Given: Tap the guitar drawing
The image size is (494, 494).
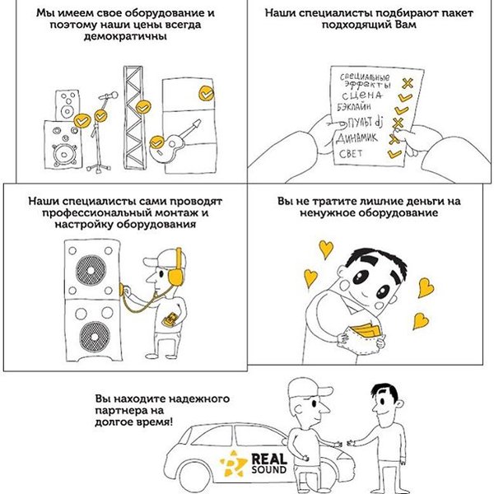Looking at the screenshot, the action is (x=175, y=141).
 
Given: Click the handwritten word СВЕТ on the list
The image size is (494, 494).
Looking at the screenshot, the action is (x=351, y=153).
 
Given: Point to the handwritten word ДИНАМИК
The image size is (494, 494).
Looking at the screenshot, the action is (x=357, y=138).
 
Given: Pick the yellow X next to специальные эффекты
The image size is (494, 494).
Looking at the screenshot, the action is (x=407, y=83).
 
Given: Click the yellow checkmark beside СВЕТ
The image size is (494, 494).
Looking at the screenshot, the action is (x=394, y=153).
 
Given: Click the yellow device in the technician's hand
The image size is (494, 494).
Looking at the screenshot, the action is (x=170, y=319).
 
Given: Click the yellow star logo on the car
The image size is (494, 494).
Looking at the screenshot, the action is (x=232, y=463).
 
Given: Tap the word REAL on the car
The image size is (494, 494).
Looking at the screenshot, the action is (x=269, y=459).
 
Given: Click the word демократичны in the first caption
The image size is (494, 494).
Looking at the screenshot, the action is (x=125, y=36).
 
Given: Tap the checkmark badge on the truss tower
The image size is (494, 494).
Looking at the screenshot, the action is (x=143, y=107).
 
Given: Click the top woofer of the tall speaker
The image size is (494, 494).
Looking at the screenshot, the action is (x=91, y=270).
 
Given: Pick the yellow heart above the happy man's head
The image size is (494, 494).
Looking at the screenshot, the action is (x=326, y=249).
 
